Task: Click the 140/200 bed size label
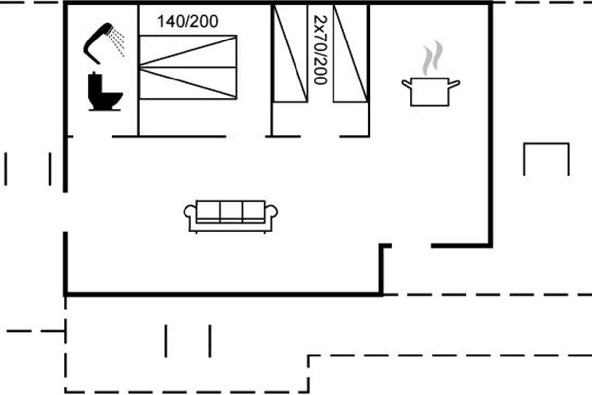click(187, 21)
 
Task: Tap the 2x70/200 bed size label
click(320, 50)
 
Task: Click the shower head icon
click(98, 43)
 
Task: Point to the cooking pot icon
click(430, 91)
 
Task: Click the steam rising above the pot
click(432, 58)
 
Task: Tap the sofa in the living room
click(230, 217)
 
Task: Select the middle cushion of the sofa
click(231, 211)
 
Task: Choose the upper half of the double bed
click(188, 51)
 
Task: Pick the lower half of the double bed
click(188, 83)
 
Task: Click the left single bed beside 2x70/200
click(290, 53)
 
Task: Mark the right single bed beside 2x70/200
click(350, 53)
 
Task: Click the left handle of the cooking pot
click(407, 84)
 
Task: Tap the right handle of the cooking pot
click(454, 84)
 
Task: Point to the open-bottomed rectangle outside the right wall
click(547, 144)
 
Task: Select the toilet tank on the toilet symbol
click(95, 82)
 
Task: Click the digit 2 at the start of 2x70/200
click(321, 20)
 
